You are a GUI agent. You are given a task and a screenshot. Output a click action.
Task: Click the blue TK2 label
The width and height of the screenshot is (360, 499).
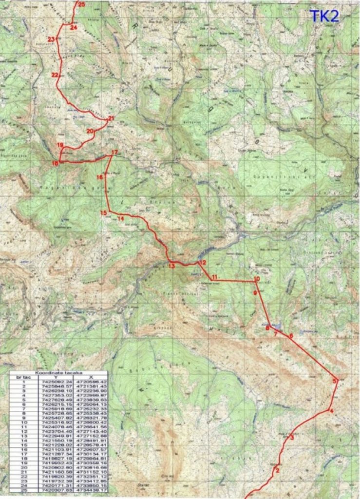(x=324, y=16)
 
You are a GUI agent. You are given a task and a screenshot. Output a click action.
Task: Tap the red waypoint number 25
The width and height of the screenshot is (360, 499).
(x=81, y=4)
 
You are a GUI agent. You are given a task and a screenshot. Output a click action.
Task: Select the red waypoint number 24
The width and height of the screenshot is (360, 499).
(x=74, y=27)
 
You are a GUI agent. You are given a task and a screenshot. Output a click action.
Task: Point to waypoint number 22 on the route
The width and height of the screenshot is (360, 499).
(x=55, y=75)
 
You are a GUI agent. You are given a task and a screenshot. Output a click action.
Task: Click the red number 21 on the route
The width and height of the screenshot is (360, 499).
(x=111, y=118)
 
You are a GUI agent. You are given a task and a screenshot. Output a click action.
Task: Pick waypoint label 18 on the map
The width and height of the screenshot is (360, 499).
(x=55, y=164)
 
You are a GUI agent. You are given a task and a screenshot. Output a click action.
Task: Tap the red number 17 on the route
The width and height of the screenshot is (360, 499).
(x=114, y=153)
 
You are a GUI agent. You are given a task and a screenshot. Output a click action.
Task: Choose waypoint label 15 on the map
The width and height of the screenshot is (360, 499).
(x=103, y=213)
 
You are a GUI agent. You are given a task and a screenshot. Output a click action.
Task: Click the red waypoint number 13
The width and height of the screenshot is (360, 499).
(x=171, y=266)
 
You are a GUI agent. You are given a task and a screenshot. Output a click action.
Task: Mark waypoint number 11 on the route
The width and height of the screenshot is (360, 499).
(x=215, y=277)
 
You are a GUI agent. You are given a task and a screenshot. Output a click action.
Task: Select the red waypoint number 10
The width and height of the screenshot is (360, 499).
(x=257, y=279)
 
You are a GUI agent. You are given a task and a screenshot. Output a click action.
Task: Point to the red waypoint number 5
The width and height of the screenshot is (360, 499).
(x=334, y=381)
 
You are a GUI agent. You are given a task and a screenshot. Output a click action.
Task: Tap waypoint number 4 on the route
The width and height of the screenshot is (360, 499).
(x=331, y=412)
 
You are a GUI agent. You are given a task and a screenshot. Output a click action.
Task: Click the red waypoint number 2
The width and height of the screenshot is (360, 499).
(x=277, y=470)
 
